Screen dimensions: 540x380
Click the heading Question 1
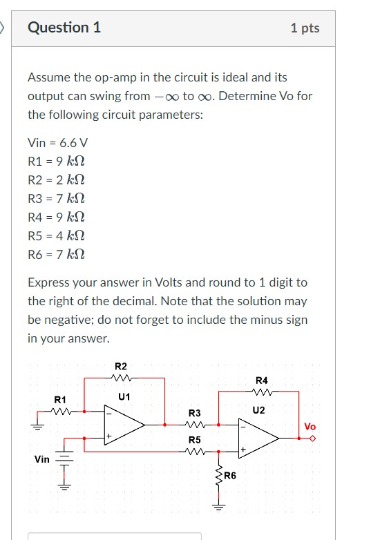(64, 28)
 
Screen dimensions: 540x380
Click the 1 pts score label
(305, 28)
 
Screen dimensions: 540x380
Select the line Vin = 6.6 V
(58, 143)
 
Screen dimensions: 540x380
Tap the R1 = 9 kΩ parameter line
(57, 162)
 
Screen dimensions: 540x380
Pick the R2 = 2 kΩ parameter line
(57, 180)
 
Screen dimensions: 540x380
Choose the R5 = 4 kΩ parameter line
(57, 236)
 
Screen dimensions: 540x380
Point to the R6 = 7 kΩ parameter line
(57, 255)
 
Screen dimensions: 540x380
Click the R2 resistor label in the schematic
(121, 366)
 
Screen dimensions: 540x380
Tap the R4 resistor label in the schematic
(262, 380)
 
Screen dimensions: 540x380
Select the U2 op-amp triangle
(259, 437)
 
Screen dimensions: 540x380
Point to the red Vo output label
(310, 427)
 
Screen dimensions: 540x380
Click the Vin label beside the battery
(41, 459)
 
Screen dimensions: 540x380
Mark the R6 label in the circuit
(229, 476)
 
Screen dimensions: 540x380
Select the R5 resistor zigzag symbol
(195, 452)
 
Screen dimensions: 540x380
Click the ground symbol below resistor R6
(218, 510)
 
